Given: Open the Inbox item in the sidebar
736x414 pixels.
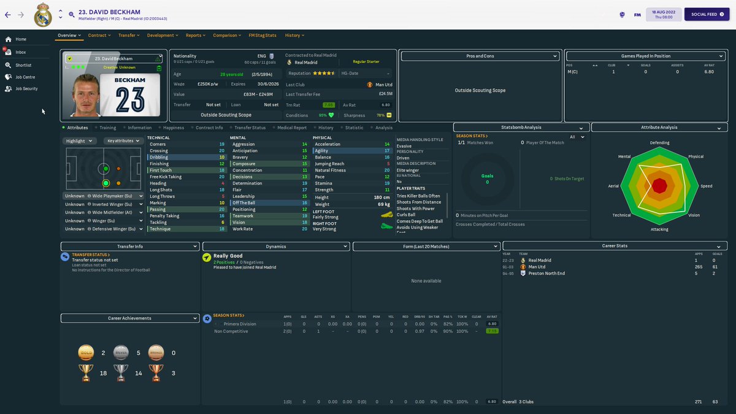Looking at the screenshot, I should pyautogui.click(x=21, y=52).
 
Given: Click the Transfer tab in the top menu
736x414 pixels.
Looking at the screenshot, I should pyautogui.click(x=127, y=36).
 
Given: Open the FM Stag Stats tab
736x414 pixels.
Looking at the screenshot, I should pyautogui.click(x=262, y=36).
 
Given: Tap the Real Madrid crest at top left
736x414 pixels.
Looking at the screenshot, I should pyautogui.click(x=42, y=15).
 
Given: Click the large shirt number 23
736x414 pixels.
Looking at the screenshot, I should pyautogui.click(x=130, y=98).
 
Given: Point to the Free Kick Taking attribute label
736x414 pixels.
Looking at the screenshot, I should pyautogui.click(x=166, y=177).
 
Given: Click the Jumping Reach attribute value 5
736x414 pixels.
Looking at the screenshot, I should pyautogui.click(x=388, y=164).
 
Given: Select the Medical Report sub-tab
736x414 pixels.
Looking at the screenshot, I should pyautogui.click(x=291, y=128).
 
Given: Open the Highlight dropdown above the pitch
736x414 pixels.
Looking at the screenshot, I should pyautogui.click(x=80, y=140).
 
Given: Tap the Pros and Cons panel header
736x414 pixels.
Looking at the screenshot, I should pyautogui.click(x=480, y=56).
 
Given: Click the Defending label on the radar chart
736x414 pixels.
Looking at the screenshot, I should pyautogui.click(x=660, y=143).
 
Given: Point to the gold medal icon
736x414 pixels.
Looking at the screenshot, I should pyautogui.click(x=86, y=353).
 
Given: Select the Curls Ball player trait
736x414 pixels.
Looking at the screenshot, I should pyautogui.click(x=406, y=215).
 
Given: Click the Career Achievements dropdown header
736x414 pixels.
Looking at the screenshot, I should pyautogui.click(x=130, y=318).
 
